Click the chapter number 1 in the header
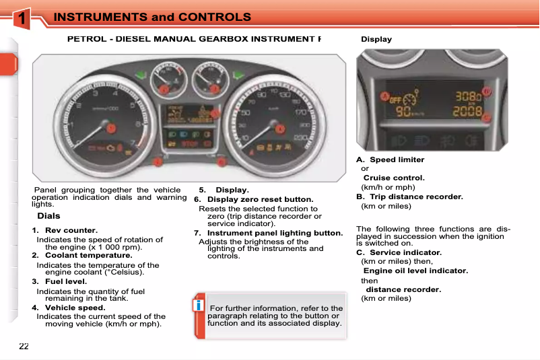pos(23,19)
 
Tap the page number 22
pos(24,346)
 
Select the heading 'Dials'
pos(48,216)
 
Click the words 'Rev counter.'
pos(71,231)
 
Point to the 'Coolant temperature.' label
pos(88,256)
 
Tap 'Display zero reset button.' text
pos(260,200)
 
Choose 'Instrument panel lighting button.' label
pos(275,233)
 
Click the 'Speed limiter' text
pos(397,159)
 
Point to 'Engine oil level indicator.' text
pos(415,271)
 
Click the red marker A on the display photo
pos(385,97)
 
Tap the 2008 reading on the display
pos(466,111)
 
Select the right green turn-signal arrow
pos(236,75)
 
